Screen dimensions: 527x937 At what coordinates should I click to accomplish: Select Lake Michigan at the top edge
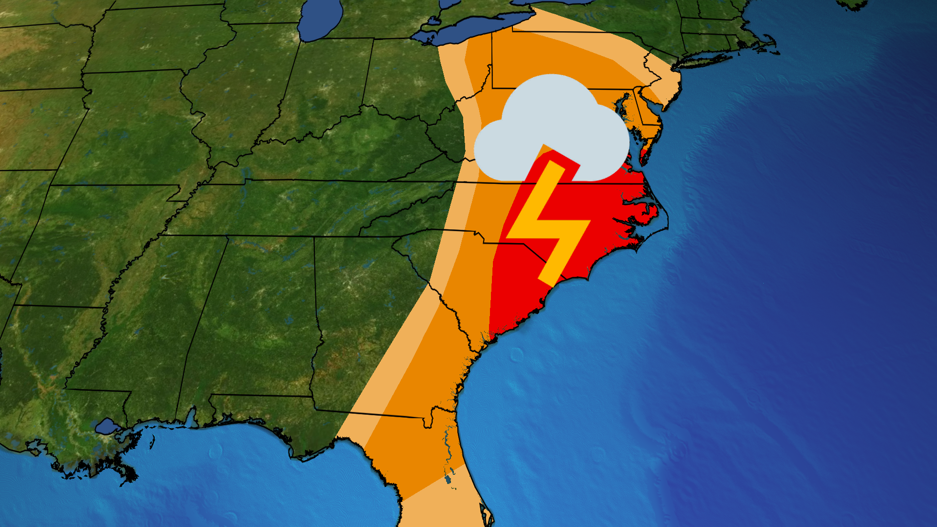tap(320, 20)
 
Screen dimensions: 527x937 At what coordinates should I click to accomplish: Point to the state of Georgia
tap(371, 332)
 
